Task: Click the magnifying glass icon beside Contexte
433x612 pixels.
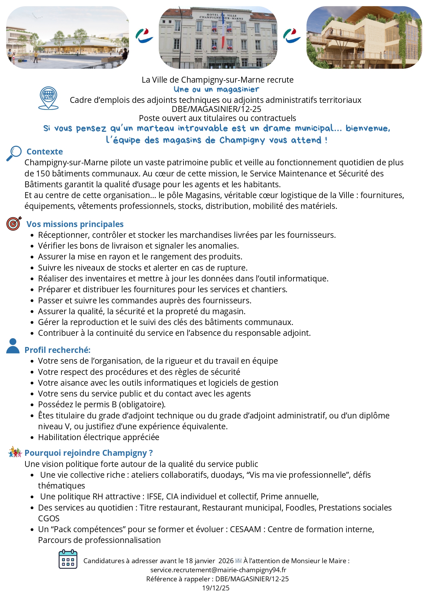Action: coord(14,153)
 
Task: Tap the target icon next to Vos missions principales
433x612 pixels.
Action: coord(14,224)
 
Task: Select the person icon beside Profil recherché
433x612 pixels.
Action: coord(13,346)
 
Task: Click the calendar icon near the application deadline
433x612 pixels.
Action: coord(68,559)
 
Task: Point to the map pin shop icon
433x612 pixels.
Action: coord(48,98)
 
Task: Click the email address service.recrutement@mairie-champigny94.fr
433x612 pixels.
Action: coord(218,570)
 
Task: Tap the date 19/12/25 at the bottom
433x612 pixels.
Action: coord(216,588)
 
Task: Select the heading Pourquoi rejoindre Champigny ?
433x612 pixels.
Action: coord(89,453)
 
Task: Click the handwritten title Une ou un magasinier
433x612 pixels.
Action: coord(216,90)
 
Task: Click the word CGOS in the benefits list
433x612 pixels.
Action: coord(49,519)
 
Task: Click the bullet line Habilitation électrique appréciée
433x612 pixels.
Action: coord(99,437)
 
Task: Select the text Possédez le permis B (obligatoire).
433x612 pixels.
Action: coord(102,405)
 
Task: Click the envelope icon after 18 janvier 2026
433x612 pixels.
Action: coord(239,561)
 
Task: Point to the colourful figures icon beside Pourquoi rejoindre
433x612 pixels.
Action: coord(15,452)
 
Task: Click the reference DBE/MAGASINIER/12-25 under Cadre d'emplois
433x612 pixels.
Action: coord(216,109)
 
